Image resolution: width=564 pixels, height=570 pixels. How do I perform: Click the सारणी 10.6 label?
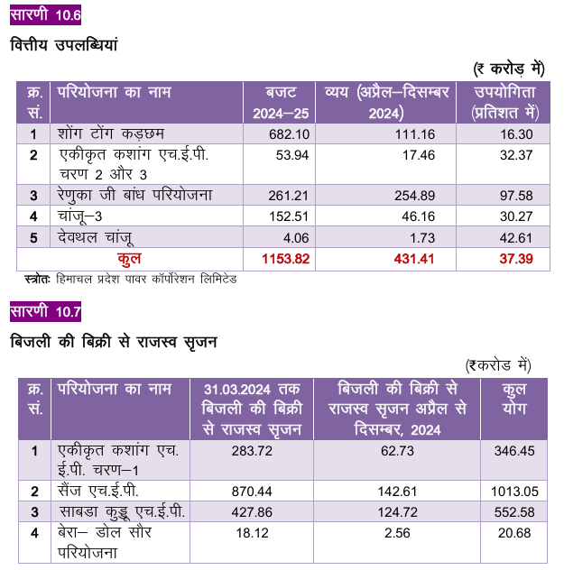click(x=45, y=15)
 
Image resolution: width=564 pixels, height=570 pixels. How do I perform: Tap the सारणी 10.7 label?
click(x=45, y=311)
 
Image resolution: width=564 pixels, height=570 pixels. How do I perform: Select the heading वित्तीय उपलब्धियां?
click(x=64, y=45)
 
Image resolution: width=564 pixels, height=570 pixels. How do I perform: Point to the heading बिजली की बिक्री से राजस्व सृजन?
click(x=114, y=342)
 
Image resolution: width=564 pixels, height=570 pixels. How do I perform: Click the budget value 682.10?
click(x=289, y=134)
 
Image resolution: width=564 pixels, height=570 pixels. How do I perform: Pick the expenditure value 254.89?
click(x=414, y=196)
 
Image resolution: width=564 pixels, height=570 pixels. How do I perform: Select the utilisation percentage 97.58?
click(x=516, y=196)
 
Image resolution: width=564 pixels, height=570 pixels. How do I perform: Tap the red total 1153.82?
click(x=285, y=259)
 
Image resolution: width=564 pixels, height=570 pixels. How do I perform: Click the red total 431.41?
click(x=414, y=259)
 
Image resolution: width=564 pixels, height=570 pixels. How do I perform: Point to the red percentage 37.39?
click(x=516, y=259)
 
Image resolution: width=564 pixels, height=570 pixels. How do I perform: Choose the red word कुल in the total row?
click(x=129, y=259)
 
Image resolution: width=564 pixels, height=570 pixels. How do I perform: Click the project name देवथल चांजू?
click(x=96, y=238)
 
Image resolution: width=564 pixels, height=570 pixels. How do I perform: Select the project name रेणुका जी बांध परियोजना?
click(x=135, y=195)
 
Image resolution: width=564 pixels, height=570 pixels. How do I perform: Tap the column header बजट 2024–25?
click(x=281, y=103)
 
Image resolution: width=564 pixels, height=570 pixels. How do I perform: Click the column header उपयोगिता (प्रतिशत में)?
click(x=504, y=103)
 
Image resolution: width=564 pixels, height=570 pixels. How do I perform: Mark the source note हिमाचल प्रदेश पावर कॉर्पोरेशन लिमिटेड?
click(x=146, y=280)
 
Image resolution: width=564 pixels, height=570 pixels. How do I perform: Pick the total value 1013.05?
click(x=514, y=492)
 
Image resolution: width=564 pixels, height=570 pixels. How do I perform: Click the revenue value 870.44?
click(x=252, y=492)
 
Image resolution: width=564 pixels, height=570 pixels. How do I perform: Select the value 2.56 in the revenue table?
click(x=397, y=533)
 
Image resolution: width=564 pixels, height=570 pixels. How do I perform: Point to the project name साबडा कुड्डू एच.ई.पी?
click(x=122, y=512)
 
